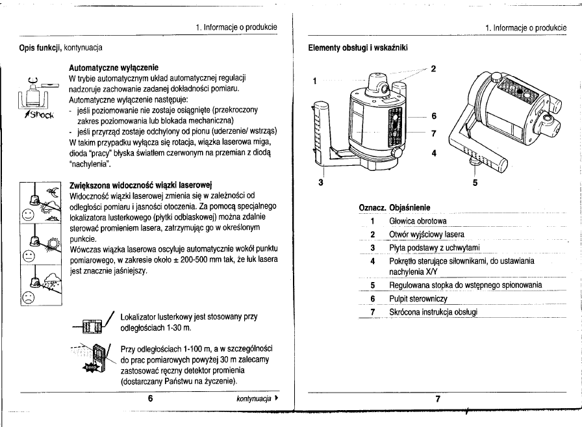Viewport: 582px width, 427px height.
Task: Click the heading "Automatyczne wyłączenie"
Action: click(x=115, y=67)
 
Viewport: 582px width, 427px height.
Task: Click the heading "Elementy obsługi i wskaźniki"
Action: click(x=358, y=47)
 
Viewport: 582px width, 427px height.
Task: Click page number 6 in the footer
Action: click(x=150, y=398)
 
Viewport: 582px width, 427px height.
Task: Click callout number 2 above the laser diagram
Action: click(x=433, y=68)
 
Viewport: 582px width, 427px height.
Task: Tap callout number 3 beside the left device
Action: click(x=320, y=181)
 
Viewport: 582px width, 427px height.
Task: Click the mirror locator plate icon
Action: click(x=92, y=323)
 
